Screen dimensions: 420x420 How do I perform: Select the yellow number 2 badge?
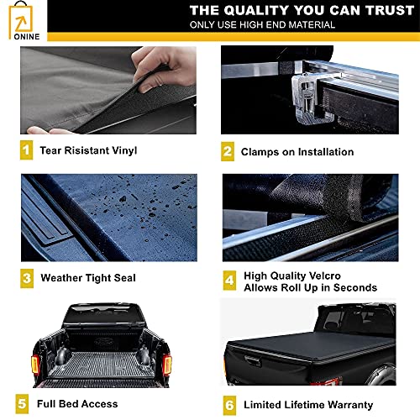tap(228, 152)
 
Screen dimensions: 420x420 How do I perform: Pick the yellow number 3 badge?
tap(27, 276)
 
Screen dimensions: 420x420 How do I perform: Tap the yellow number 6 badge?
tap(228, 404)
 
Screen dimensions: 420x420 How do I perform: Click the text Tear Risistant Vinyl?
tap(89, 151)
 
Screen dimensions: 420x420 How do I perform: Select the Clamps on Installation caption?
tap(297, 152)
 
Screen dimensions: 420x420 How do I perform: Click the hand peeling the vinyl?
tap(164, 67)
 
